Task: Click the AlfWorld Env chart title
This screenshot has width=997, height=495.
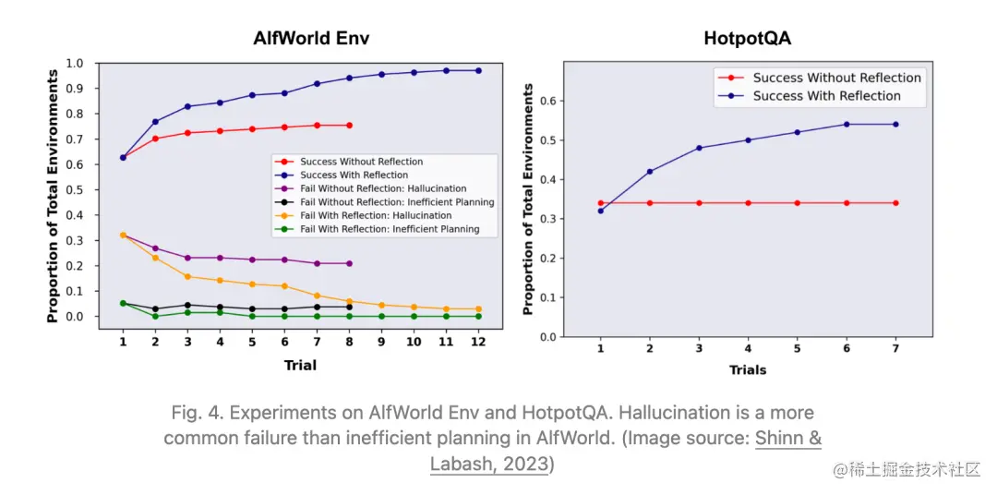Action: tap(318, 38)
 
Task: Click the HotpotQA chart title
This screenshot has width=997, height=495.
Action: tap(747, 38)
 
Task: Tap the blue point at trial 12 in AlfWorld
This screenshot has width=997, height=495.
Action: tap(478, 70)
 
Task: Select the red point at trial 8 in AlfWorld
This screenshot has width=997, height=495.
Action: tap(349, 125)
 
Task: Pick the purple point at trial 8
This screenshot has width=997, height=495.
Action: tap(349, 263)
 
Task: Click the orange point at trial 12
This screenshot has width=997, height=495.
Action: tap(478, 308)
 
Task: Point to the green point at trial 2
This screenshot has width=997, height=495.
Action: tap(155, 316)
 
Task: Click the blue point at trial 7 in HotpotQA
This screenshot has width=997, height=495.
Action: tap(895, 124)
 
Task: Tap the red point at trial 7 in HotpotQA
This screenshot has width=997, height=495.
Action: tap(895, 203)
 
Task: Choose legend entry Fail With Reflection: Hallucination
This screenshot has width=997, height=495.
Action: tap(376, 215)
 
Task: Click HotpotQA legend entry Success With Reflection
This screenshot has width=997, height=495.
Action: tap(826, 96)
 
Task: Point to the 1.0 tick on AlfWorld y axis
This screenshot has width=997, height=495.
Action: tap(76, 64)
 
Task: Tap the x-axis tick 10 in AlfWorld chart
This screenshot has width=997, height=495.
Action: tap(414, 342)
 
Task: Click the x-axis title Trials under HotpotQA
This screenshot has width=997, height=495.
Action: tap(748, 369)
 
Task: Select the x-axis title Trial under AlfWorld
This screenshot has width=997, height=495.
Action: tap(300, 365)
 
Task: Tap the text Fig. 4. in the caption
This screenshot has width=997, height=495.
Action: tap(197, 412)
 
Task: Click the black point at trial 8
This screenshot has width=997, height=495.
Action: tap(349, 306)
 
